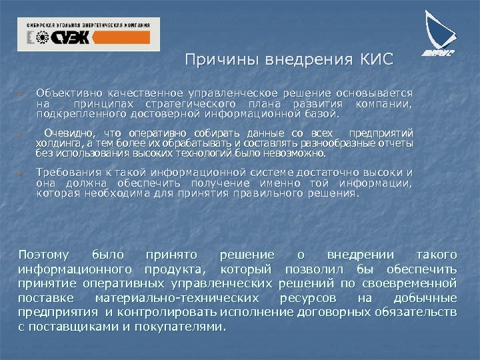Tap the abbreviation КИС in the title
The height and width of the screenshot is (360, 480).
tap(377, 61)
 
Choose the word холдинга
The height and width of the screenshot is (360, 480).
tap(58, 143)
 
